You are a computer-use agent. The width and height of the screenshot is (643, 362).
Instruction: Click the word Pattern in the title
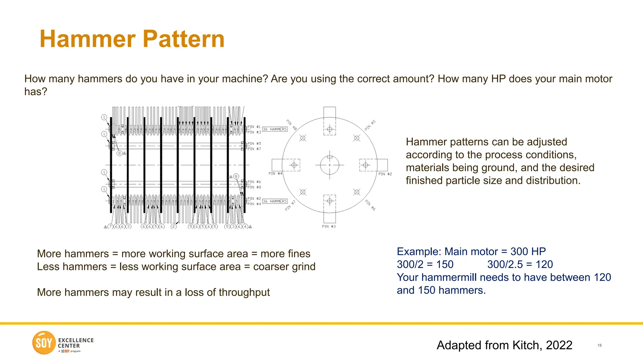(184, 39)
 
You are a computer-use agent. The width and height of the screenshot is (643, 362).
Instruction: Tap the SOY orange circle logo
(44, 343)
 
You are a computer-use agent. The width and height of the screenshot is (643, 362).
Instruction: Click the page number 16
(599, 345)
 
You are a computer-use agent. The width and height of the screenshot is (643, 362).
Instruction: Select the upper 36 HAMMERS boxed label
(275, 129)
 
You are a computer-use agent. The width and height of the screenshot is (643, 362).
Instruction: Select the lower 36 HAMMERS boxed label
(275, 201)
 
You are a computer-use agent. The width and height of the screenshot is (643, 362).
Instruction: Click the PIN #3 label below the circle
(329, 226)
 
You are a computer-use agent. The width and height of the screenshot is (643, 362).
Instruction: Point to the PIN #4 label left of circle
(275, 173)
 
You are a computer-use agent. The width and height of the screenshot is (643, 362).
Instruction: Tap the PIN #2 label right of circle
(385, 174)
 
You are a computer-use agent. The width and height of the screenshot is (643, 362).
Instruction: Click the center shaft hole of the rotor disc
(329, 165)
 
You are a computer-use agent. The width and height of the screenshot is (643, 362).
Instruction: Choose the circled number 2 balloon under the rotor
(174, 226)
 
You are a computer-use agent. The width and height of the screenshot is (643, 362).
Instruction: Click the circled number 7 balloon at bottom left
(110, 226)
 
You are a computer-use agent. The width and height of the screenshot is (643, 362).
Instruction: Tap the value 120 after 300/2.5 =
(544, 264)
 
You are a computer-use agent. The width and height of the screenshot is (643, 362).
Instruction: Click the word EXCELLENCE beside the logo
(76, 340)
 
